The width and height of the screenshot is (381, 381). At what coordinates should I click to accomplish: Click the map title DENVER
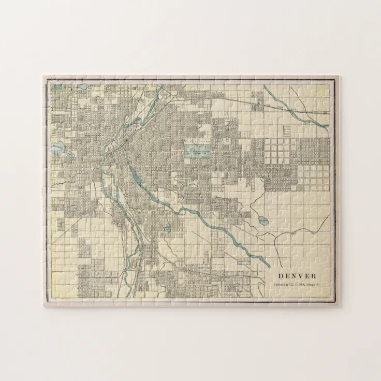coord(297,276)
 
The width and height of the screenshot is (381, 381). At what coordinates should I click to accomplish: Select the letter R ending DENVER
coord(314,276)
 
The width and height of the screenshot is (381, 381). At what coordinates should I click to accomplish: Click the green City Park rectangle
coord(197,151)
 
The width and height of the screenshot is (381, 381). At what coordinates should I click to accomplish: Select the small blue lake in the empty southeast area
coord(263,221)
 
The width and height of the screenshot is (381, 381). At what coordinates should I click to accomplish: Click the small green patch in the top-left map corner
coord(56,87)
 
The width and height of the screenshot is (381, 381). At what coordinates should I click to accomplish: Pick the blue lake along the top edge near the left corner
coord(82,87)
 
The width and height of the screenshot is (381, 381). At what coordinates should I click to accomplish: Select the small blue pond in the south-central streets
coord(167,229)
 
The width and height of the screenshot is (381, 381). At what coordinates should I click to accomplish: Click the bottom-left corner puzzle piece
coord(52,298)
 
